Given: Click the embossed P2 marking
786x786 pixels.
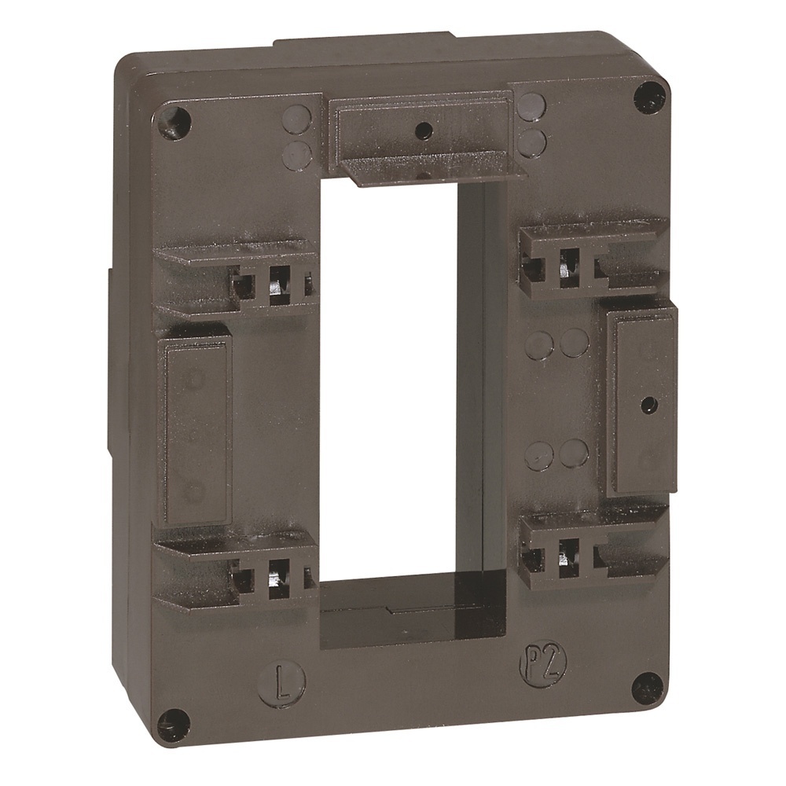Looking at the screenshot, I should pos(534,666).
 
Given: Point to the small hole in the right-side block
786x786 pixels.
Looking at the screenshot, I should pos(646,406).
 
